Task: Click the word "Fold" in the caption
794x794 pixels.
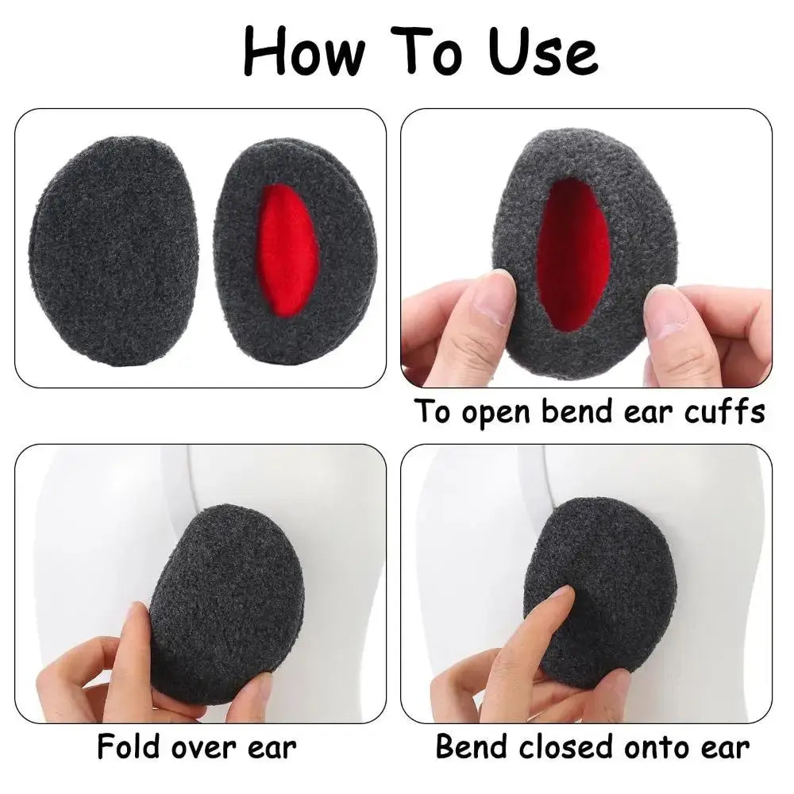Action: pyautogui.click(x=129, y=747)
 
